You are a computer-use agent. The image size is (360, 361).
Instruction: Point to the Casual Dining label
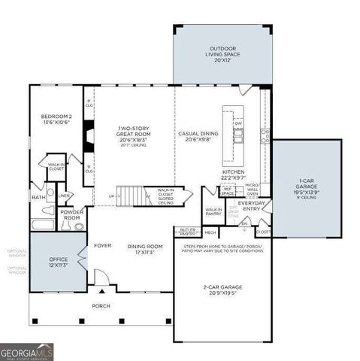(198, 135)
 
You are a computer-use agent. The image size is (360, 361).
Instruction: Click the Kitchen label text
(233, 174)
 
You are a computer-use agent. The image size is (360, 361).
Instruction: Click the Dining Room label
(144, 249)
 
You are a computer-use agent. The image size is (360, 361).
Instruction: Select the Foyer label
(102, 245)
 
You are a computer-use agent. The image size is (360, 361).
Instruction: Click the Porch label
(101, 306)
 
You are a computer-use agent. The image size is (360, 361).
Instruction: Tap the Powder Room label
(72, 214)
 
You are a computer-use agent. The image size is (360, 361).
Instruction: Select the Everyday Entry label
(253, 204)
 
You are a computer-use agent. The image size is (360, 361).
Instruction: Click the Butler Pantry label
(188, 232)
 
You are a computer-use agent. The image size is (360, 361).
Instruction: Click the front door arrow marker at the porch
(101, 290)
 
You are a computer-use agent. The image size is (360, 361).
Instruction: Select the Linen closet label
(65, 196)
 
